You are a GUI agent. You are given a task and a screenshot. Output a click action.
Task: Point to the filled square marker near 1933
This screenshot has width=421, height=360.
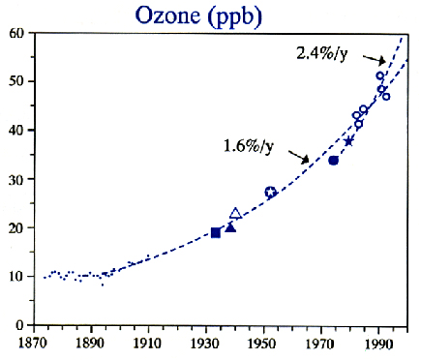coord(216,232)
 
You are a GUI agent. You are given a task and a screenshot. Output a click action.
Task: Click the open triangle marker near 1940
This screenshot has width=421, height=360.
coord(235,213)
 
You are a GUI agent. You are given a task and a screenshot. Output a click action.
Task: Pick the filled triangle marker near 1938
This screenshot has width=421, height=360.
coord(230,227)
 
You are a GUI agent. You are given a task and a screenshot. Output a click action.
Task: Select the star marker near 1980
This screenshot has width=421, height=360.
coord(349,141)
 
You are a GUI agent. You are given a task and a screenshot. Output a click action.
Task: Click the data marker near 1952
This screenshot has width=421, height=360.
coord(270,193)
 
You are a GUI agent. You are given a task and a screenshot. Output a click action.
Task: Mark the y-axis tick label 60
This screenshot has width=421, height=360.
coord(15,33)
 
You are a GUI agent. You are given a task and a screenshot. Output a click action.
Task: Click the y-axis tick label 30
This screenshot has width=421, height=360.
coord(15,179)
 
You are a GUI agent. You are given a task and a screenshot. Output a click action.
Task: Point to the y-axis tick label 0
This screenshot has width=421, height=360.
coord(19,325)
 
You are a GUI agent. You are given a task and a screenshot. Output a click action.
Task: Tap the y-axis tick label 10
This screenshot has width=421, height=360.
coord(15,277)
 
